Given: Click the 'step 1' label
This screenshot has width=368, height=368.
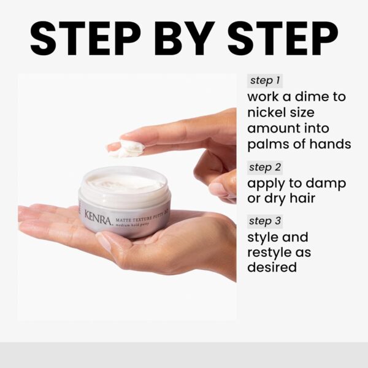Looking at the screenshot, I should click(265, 81).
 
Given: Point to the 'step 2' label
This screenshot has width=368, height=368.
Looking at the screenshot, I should click(266, 167).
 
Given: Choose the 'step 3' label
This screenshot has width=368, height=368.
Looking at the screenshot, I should click(266, 221).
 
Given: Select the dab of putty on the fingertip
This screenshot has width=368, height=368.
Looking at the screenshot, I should click(131, 148).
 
